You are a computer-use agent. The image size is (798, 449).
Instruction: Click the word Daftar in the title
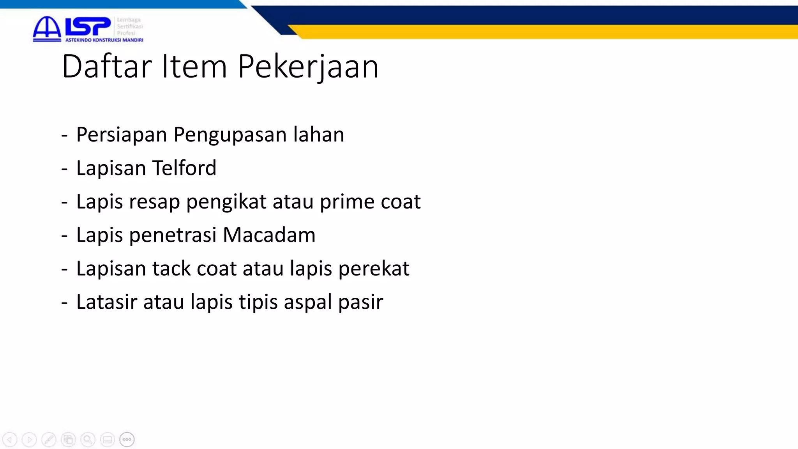tap(106, 66)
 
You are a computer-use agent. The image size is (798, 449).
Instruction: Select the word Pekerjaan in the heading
tap(308, 67)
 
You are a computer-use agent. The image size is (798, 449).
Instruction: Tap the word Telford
tap(184, 168)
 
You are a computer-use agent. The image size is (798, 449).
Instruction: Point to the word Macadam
tap(269, 235)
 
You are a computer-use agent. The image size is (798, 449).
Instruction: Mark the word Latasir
tap(106, 302)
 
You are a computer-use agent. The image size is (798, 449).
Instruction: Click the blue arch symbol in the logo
tap(47, 28)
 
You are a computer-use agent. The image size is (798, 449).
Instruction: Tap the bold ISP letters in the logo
tap(88, 27)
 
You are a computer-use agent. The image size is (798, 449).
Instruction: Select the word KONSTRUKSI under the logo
tap(108, 40)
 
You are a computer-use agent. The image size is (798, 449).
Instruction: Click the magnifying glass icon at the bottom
tap(88, 440)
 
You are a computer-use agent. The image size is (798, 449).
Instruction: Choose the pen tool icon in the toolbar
tap(49, 440)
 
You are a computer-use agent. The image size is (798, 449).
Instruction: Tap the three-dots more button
tap(127, 440)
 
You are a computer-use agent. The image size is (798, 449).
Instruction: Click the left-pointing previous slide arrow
tap(10, 440)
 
